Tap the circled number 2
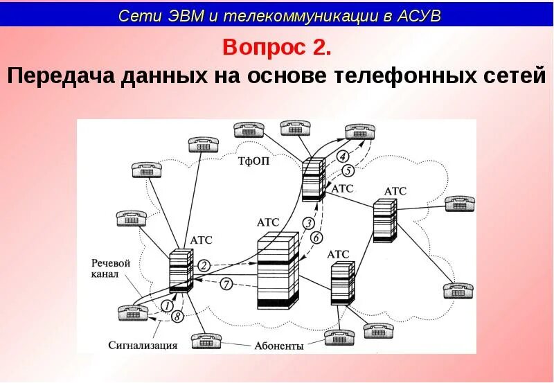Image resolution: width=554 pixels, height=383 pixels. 204,265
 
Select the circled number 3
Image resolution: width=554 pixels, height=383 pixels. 309,223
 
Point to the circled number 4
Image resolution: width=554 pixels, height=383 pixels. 343,156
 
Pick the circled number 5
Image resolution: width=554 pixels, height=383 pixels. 348,170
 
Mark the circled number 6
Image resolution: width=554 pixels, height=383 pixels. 316,238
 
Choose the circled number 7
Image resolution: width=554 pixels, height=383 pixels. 226,283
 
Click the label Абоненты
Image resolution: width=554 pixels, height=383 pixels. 279,346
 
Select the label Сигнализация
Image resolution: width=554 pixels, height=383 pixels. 143,345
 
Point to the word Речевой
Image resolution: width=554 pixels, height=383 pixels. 111,262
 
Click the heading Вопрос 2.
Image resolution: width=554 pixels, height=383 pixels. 276,48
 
